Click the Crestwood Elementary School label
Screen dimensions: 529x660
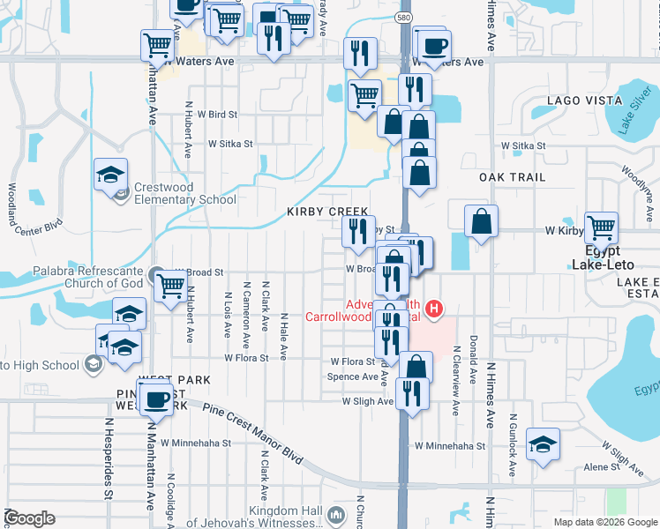tap(184, 193)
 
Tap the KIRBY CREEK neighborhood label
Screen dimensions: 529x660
tap(326, 212)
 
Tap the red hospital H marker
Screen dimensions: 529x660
tap(433, 309)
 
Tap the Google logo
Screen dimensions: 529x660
tap(29, 518)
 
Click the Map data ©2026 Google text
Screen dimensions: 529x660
tap(604, 522)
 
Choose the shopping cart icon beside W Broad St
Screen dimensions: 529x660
tap(169, 284)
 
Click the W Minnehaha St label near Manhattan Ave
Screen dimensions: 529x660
tap(201, 443)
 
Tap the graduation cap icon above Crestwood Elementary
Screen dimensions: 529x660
tap(111, 175)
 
